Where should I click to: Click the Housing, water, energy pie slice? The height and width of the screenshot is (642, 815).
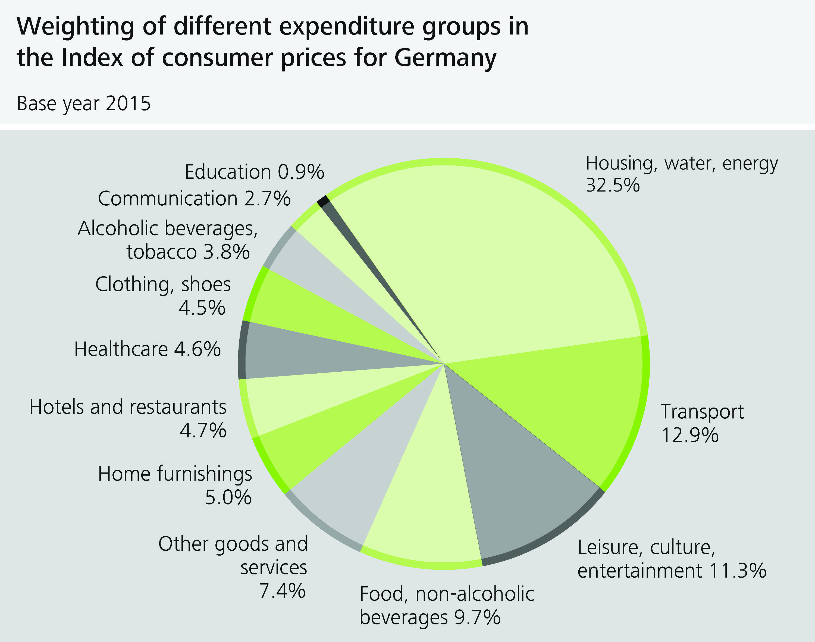[x=507, y=263]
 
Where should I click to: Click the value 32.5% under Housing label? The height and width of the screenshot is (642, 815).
[x=612, y=185]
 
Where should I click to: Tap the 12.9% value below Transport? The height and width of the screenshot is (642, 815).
[x=689, y=436]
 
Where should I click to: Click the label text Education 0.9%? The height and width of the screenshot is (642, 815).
[x=254, y=172]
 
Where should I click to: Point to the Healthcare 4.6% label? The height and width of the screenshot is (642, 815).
[x=147, y=349]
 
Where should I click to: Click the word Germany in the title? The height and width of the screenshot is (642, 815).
[x=445, y=58]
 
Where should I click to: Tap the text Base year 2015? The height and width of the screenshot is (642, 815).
[x=83, y=104]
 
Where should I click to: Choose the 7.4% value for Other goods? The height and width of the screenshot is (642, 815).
[x=282, y=591]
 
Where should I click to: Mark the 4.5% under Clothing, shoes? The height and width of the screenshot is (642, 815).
[x=202, y=308]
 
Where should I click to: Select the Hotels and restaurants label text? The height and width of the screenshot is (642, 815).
[x=128, y=407]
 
